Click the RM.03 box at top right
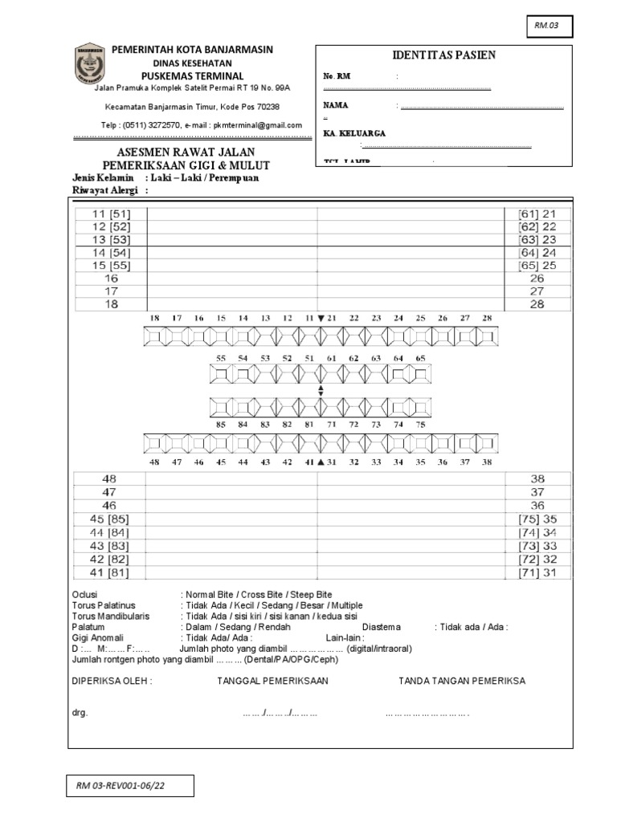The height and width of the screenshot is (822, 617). (550, 27)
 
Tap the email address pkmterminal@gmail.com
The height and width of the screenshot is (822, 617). (263, 125)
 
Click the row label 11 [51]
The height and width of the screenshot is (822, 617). (111, 214)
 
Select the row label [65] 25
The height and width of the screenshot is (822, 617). (537, 265)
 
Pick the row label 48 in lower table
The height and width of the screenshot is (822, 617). (109, 478)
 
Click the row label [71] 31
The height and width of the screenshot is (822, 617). (537, 572)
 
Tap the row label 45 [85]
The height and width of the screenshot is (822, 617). (109, 519)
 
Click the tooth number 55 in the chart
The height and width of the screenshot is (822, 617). (221, 358)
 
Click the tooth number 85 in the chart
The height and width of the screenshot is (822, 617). (221, 424)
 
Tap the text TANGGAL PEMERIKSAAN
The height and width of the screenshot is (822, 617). (272, 681)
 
